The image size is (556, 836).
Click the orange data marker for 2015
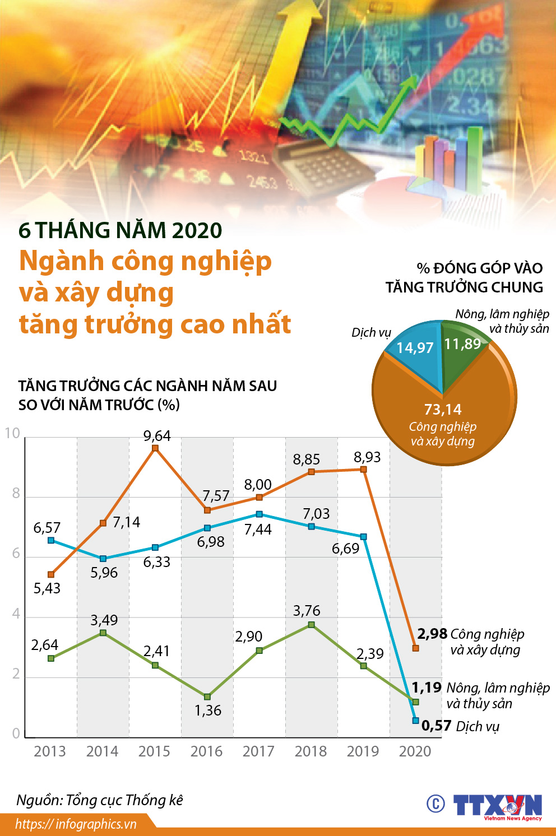pos(155,448)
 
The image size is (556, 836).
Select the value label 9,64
pos(157,436)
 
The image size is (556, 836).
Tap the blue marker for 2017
pos(259,514)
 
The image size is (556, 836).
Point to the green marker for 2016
pos(207,696)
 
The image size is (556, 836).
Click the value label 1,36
pos(208,710)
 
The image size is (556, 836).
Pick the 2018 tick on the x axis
pos(311,751)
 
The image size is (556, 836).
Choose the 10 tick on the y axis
pos(12,433)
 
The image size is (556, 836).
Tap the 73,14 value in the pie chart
pos(443,410)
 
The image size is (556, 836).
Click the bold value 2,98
pos(432,634)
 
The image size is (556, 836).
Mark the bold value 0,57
pos(437,726)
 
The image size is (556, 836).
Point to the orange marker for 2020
pos(415,648)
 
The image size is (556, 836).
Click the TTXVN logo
pos(498,806)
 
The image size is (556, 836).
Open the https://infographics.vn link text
pos(76,824)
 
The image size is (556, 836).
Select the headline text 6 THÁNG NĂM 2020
pos(121,230)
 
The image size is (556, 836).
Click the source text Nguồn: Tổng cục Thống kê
pos(100,800)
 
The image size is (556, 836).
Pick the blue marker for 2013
pos(51,540)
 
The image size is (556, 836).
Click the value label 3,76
pos(307,611)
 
